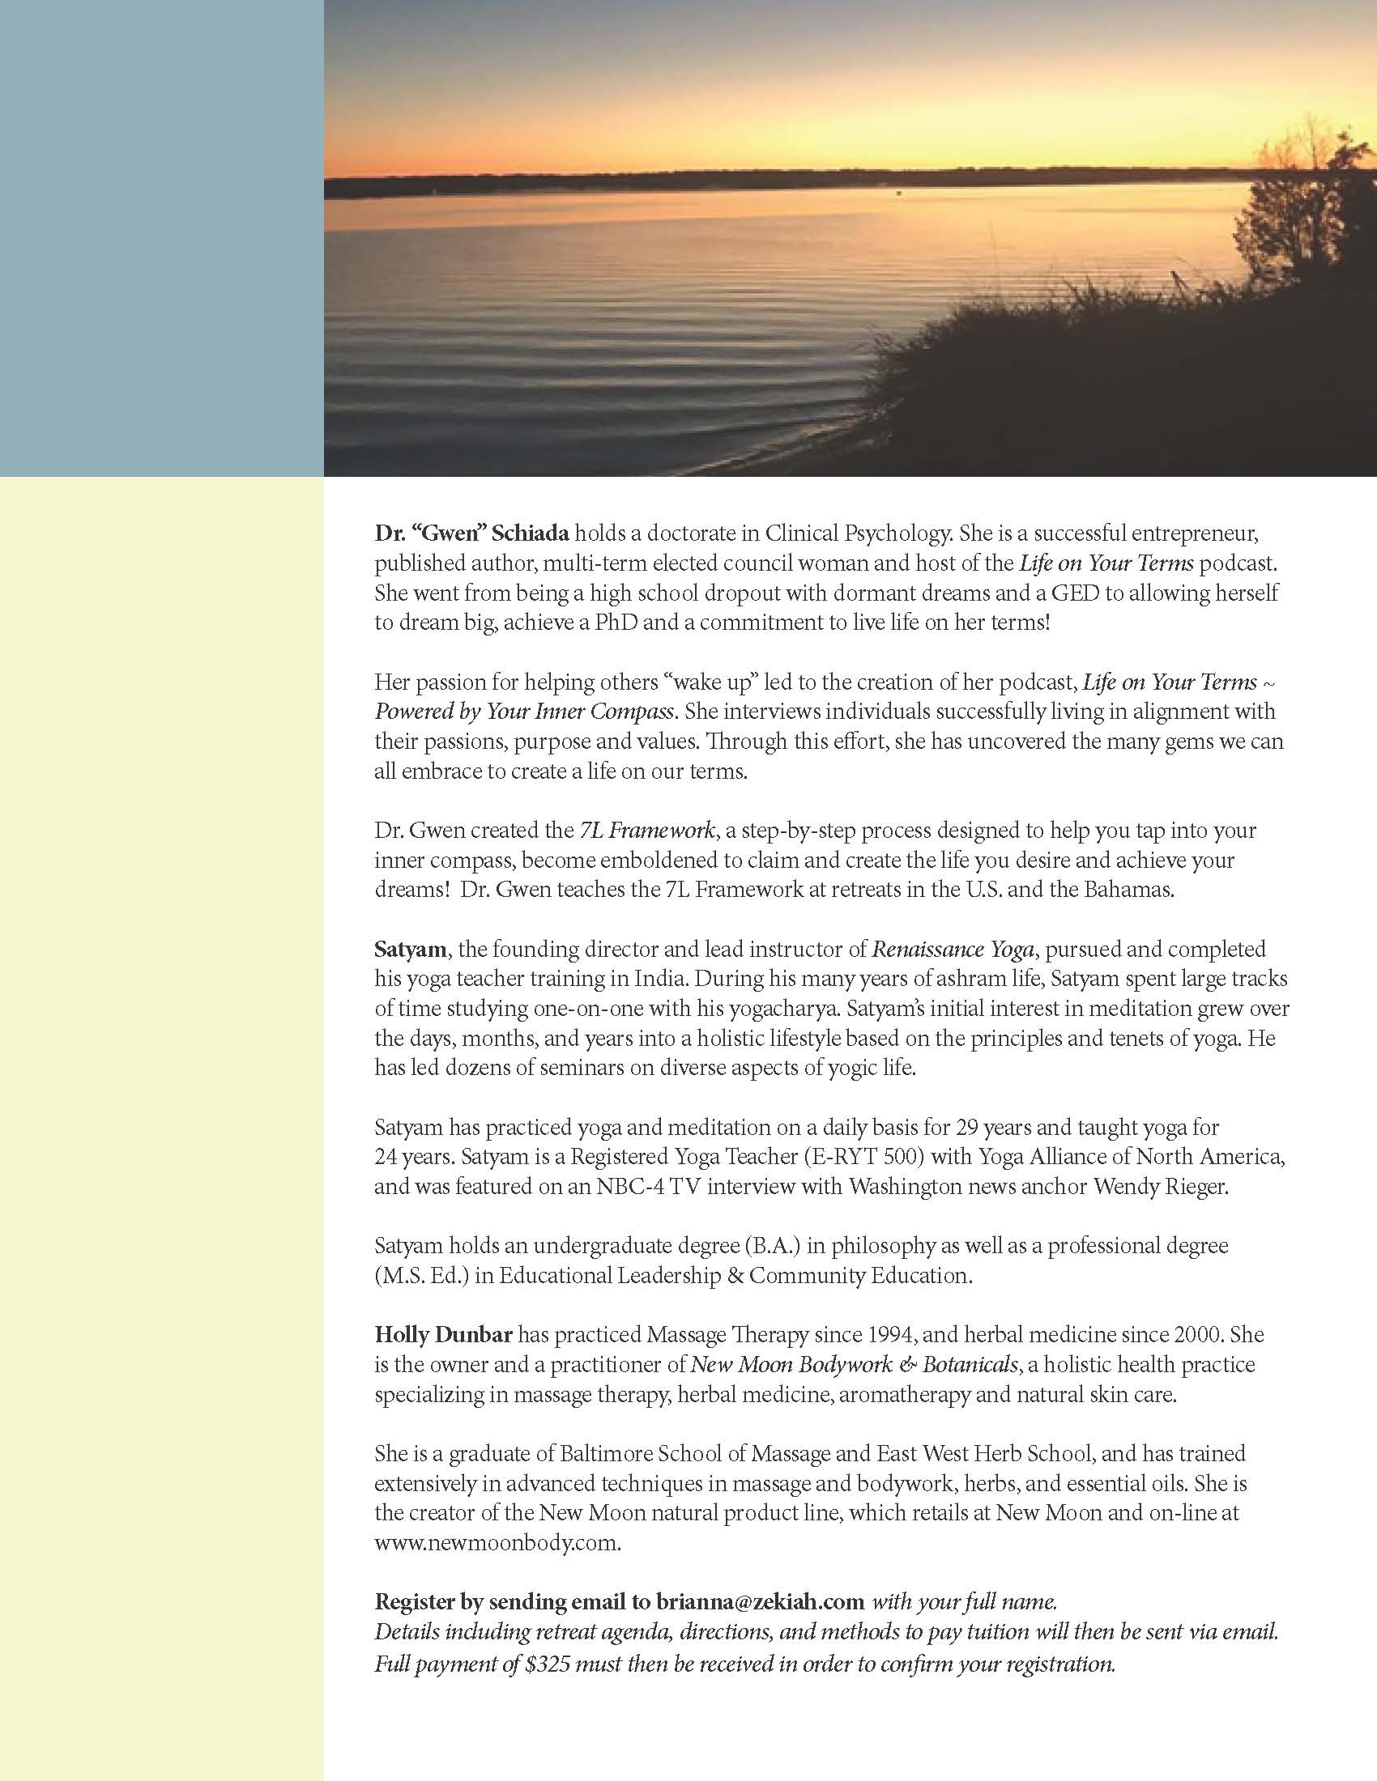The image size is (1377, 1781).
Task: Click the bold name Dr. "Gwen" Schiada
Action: click(x=472, y=533)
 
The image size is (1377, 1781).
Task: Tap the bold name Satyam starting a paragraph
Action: click(x=410, y=950)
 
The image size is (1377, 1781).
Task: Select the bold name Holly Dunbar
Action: click(x=443, y=1335)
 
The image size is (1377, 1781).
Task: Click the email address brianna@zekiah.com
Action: click(x=760, y=1601)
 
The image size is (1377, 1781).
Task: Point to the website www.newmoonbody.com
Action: click(x=497, y=1543)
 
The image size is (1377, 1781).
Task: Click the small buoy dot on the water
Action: click(x=898, y=193)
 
